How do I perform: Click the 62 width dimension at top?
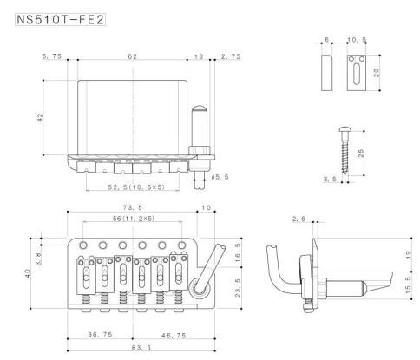[x=132, y=56]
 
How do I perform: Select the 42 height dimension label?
[x=41, y=118]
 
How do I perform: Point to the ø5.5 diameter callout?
[x=223, y=178]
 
